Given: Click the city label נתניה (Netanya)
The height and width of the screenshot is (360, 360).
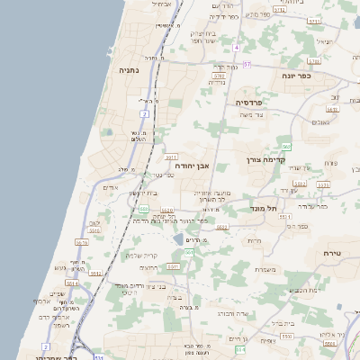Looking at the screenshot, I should coord(129,69).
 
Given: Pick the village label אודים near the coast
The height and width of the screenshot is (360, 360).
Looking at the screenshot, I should coord(112,187).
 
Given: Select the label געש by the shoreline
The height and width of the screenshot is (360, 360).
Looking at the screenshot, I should coord(61,268).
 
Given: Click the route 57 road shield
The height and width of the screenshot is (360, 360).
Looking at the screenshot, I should coord(247,65).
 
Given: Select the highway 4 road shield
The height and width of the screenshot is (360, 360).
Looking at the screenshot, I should coord(236,46).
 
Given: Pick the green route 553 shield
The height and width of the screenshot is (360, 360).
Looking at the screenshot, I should coord(143,210).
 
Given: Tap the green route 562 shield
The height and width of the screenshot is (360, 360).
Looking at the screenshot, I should coord(285,146).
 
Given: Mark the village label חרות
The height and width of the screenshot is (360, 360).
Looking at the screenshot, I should coord(254,241).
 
